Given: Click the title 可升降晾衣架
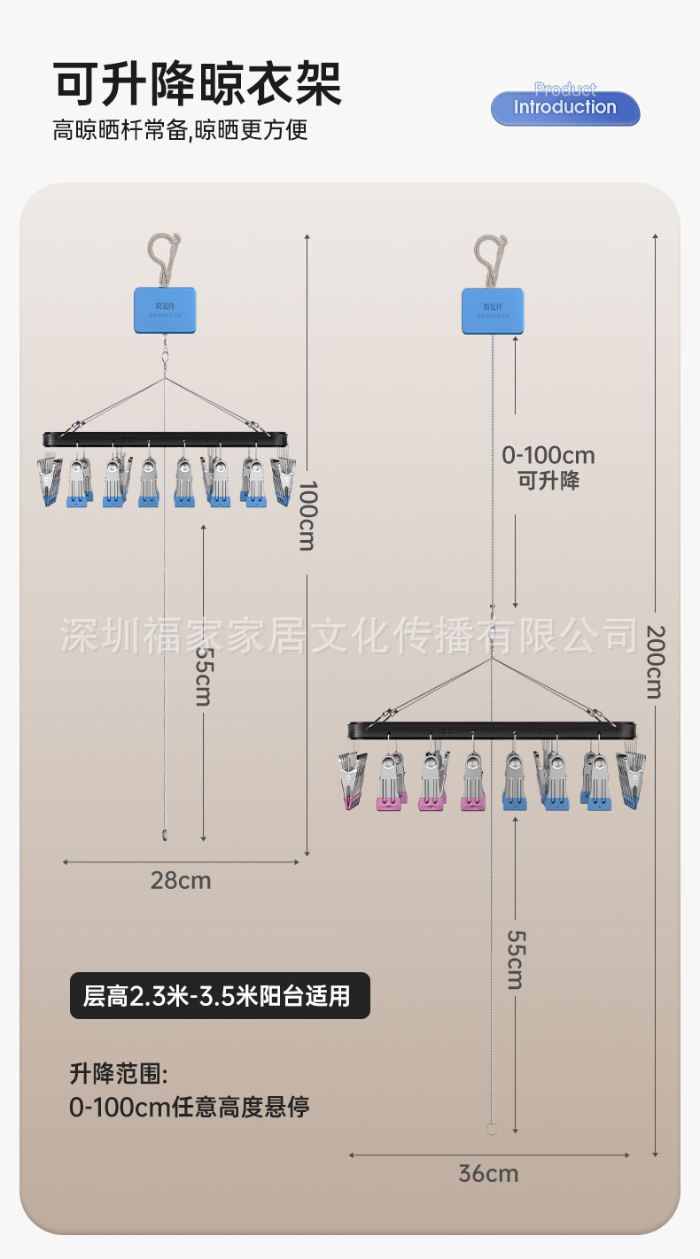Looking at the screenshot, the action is (198, 85).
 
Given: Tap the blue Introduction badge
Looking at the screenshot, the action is (565, 108).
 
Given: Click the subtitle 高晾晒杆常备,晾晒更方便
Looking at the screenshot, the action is (180, 131).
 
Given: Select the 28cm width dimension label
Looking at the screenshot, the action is (181, 880).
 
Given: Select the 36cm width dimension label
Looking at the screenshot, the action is (488, 1174).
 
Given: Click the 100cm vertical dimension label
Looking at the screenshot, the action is (307, 515).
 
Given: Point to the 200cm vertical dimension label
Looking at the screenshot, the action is (654, 661).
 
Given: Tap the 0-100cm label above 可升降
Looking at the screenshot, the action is (548, 456).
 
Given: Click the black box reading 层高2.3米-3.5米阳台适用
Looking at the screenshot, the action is (220, 996).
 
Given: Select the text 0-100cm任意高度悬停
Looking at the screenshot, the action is (190, 1107).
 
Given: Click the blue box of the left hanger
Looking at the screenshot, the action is (165, 310).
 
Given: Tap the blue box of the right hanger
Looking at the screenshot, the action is (493, 311).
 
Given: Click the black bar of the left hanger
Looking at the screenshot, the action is (166, 438).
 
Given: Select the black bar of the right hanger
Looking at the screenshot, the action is (492, 730).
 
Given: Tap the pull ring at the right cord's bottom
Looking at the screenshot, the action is (493, 1129).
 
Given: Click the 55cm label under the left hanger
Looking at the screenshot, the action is (204, 676).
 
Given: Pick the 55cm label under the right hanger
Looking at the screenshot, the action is (515, 960).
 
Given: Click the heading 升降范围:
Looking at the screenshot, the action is (119, 1075).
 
